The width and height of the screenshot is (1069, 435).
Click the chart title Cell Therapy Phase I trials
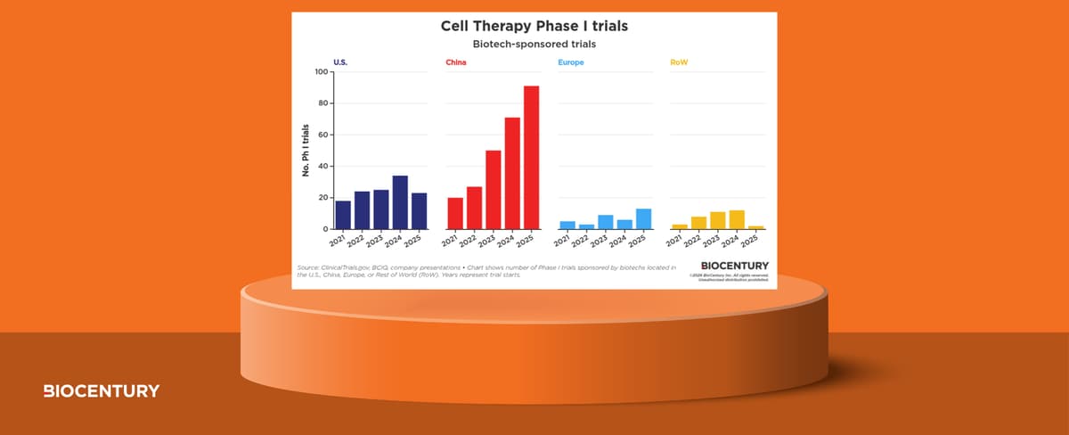point(534,26)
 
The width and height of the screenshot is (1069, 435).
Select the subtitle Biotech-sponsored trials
point(534,44)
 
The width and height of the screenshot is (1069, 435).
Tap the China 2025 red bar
point(531,158)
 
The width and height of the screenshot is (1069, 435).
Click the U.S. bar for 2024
point(400,202)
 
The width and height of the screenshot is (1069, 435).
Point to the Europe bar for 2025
point(643,219)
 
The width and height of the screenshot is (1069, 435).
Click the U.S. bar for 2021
point(343,215)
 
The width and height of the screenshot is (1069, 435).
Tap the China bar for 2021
point(455,213)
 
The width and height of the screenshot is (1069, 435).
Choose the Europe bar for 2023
point(605,222)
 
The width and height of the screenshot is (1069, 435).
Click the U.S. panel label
point(340,62)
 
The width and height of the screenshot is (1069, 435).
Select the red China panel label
point(455,62)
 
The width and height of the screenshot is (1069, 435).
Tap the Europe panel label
point(571,62)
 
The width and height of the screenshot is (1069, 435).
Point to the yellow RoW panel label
point(678,62)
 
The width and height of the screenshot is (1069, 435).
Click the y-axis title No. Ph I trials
point(305,152)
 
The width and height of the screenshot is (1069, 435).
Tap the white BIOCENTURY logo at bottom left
point(102,391)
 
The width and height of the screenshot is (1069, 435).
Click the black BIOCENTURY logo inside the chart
point(734,266)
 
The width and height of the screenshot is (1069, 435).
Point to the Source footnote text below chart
point(486,271)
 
